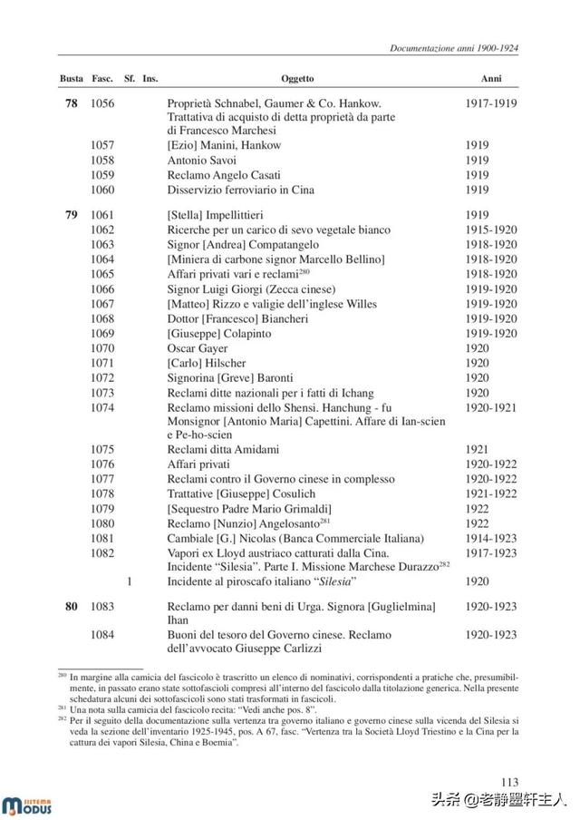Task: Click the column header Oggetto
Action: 297,79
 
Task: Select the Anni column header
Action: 490,79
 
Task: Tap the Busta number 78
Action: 72,104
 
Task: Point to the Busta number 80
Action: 72,606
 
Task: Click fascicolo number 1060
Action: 102,190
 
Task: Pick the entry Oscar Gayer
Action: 198,347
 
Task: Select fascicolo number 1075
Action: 102,449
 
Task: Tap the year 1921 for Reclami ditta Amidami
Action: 478,449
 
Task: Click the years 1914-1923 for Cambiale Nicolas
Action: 491,537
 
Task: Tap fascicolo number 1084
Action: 102,634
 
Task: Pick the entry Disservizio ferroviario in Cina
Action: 242,190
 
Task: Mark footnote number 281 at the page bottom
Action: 63,706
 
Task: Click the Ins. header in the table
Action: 150,79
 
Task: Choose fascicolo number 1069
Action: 102,333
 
